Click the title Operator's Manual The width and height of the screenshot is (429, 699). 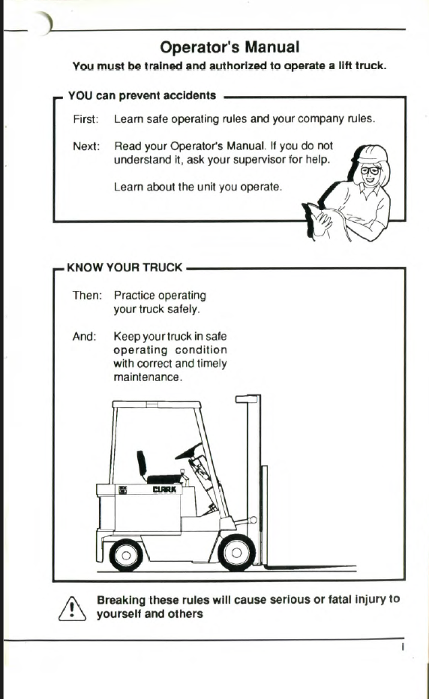[x=229, y=47]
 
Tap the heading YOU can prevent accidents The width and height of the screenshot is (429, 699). [x=142, y=95]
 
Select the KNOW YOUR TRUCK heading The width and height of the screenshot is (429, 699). [x=124, y=268]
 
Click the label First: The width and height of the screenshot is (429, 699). [x=85, y=119]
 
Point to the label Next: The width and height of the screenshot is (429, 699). [x=86, y=146]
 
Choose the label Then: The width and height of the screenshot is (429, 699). [x=88, y=295]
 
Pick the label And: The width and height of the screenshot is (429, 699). [x=84, y=336]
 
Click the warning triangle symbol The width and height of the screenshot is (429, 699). [x=72, y=608]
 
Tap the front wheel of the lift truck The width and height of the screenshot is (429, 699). [x=236, y=553]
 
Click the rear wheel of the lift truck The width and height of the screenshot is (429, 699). [x=126, y=555]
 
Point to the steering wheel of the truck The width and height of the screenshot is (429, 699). [x=189, y=451]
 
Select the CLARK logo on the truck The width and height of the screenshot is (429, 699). [x=164, y=490]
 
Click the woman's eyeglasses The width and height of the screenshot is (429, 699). [x=370, y=171]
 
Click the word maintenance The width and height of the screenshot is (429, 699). [x=146, y=377]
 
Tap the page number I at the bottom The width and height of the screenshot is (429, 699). [x=403, y=646]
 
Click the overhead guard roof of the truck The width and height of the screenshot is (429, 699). [x=157, y=405]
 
